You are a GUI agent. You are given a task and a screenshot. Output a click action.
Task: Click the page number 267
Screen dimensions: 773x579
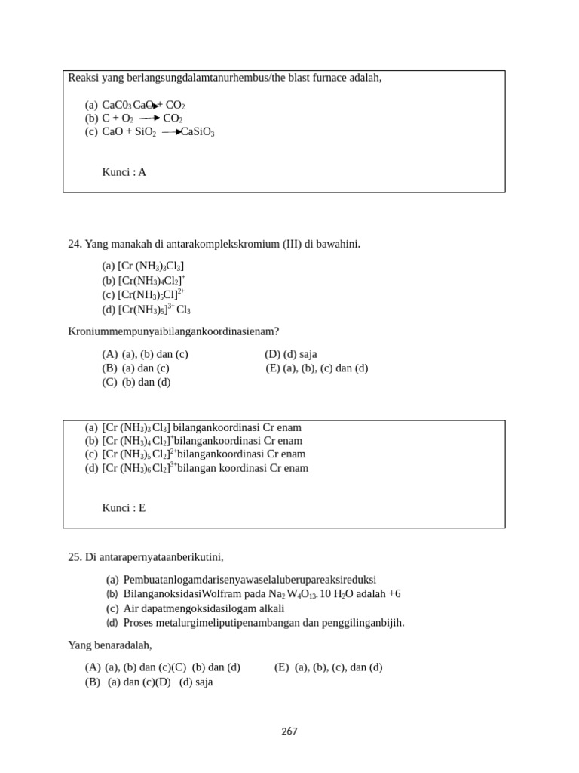coord(289,731)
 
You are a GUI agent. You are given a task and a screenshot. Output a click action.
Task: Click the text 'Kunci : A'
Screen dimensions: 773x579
coord(124,172)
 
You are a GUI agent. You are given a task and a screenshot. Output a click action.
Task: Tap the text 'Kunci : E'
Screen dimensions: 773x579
coord(124,508)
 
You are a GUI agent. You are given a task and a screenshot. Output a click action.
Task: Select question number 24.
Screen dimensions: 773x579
coord(75,244)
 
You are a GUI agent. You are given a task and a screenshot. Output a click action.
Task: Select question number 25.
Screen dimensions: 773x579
coord(75,557)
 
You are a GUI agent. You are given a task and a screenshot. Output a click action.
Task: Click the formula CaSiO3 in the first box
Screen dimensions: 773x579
coord(198,133)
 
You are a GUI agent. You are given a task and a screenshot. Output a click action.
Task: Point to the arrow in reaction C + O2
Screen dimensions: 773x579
coord(149,119)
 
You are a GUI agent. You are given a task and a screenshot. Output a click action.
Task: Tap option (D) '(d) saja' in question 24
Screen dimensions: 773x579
coord(291,354)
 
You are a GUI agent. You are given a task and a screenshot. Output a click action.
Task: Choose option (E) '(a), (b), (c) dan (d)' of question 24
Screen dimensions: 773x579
coord(317,368)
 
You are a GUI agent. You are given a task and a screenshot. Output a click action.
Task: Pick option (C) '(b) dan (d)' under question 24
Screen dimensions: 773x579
coord(136,382)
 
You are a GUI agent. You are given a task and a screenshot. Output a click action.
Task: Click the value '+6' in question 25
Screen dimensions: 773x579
coord(394,594)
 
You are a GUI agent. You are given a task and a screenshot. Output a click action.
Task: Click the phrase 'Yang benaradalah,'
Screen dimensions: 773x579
coord(110,645)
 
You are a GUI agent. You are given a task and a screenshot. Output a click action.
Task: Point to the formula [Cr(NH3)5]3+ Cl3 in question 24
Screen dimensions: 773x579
coord(154,310)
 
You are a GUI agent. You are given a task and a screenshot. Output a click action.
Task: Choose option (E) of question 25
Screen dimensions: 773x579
coord(328,667)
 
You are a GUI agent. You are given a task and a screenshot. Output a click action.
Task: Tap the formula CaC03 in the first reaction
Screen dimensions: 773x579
coord(117,106)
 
